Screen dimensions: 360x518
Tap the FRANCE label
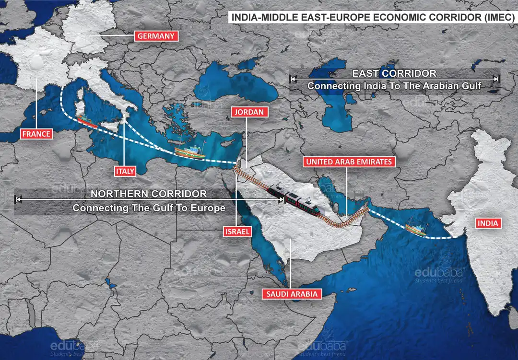36,134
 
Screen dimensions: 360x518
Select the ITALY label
124,170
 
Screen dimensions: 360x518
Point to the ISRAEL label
237,232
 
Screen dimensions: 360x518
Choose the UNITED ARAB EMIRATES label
349,162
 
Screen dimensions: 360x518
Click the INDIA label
489,223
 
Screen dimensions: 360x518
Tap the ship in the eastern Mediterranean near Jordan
190,152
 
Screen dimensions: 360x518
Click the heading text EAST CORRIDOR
394,73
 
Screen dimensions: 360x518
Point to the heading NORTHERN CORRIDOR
149,194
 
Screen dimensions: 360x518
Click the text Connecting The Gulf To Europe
149,209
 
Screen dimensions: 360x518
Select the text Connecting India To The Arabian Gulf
394,86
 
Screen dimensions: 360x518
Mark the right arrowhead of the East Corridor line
497,79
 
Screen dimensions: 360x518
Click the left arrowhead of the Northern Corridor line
18,197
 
